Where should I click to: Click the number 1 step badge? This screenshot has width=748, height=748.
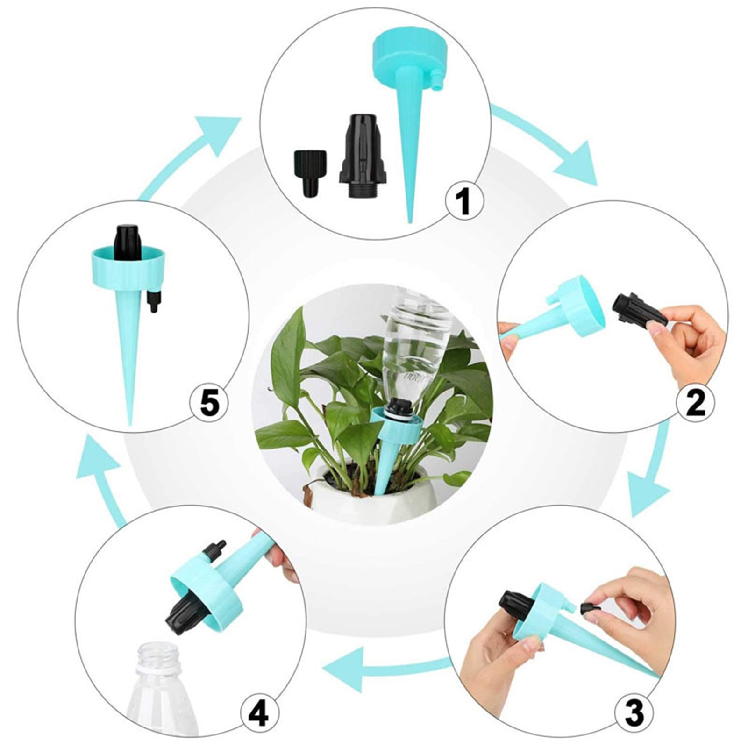pyautogui.click(x=464, y=201)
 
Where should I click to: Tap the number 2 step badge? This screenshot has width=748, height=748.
pyautogui.click(x=696, y=403)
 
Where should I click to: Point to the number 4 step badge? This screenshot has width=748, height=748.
pyautogui.click(x=260, y=714)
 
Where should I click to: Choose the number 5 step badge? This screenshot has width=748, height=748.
pyautogui.click(x=209, y=403)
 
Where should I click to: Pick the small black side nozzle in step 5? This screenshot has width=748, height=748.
pyautogui.click(x=152, y=301)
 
